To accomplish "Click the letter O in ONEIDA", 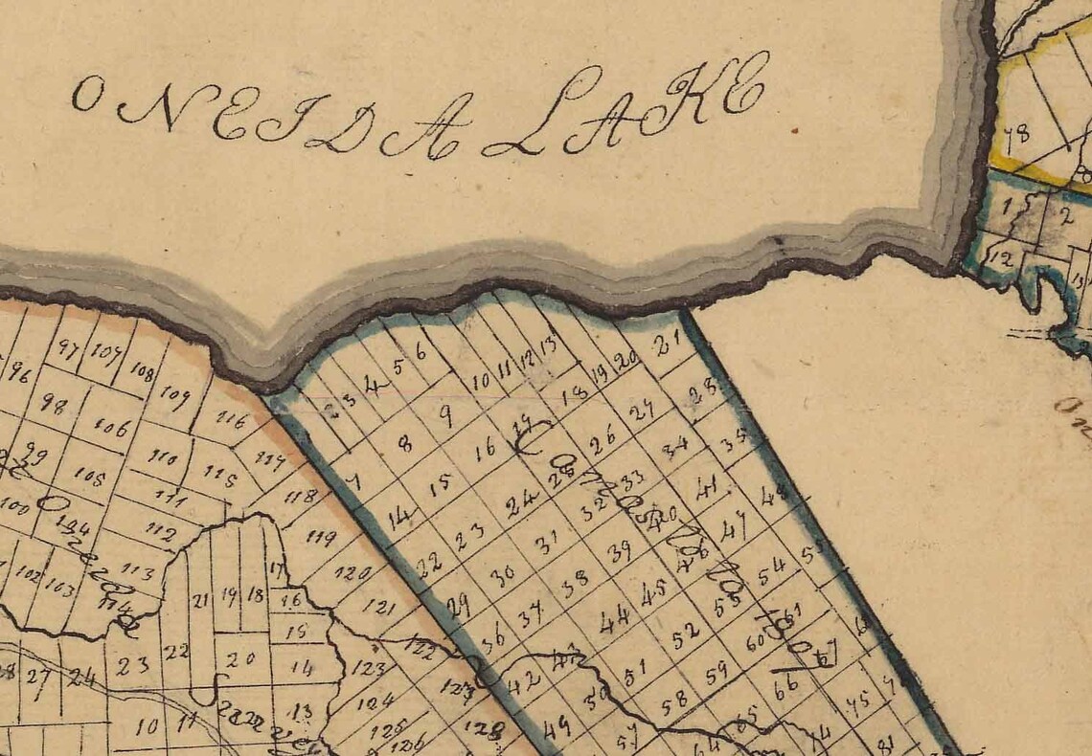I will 87,95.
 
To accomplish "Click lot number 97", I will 67,348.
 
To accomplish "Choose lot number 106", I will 112,428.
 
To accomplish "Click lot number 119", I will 321,537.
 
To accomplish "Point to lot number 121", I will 379,607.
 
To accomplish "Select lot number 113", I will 139,573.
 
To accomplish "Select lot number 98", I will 55,405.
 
